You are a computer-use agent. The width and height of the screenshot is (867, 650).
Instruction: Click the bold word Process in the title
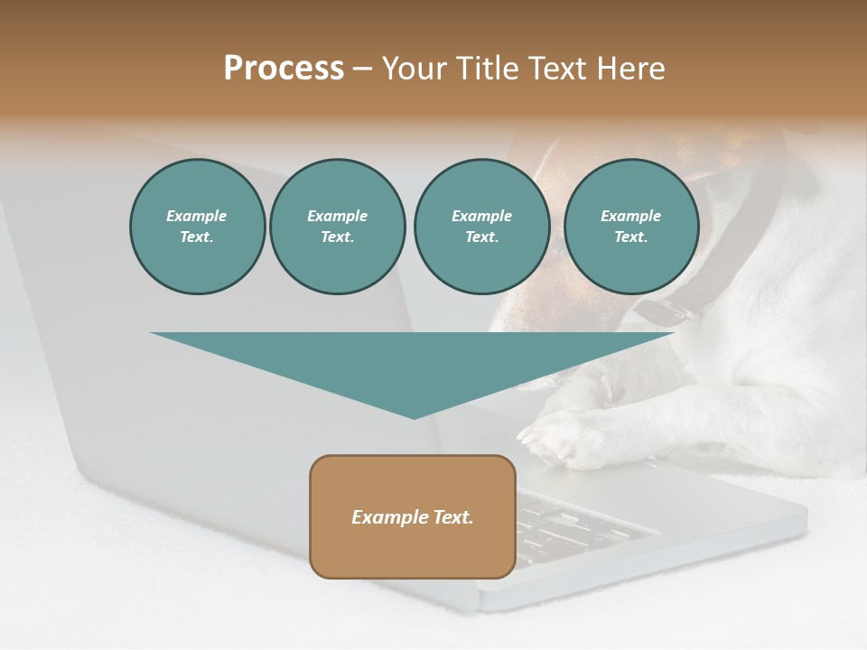(x=284, y=69)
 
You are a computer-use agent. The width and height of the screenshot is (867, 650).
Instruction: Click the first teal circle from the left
(x=197, y=227)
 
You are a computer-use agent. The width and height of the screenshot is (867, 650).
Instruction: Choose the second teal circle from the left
(x=337, y=227)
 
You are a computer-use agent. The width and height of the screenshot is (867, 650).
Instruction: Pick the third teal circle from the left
(x=481, y=227)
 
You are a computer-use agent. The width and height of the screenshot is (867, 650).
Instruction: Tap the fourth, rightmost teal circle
(x=630, y=227)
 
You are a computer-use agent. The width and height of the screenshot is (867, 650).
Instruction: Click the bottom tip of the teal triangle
(x=414, y=417)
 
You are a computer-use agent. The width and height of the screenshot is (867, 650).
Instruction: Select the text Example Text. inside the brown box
(x=413, y=517)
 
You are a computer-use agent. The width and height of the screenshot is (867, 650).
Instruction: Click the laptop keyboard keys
(x=578, y=524)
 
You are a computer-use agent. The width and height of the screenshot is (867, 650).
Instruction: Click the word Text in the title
(x=559, y=69)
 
